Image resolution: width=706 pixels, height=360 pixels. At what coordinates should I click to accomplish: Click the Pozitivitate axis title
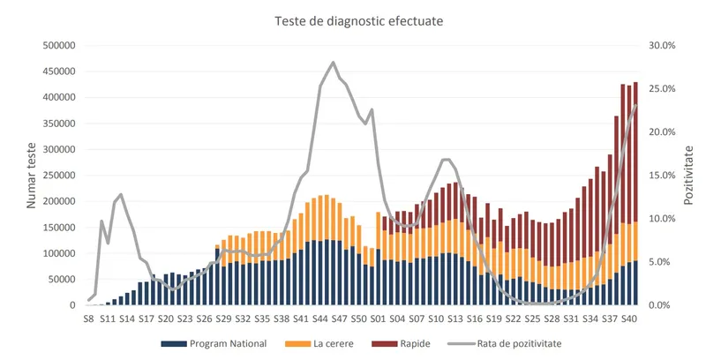pyautogui.click(x=689, y=176)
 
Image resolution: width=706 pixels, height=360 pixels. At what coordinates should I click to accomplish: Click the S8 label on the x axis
pyautogui.click(x=88, y=317)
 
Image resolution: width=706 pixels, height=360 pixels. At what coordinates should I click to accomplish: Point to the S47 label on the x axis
pyautogui.click(x=339, y=317)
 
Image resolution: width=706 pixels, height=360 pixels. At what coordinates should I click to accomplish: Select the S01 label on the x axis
pyautogui.click(x=378, y=317)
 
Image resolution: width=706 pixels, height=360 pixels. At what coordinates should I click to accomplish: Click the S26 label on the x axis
pyautogui.click(x=204, y=317)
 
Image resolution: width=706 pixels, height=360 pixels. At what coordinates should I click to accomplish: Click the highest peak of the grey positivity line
pyautogui.click(x=333, y=63)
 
